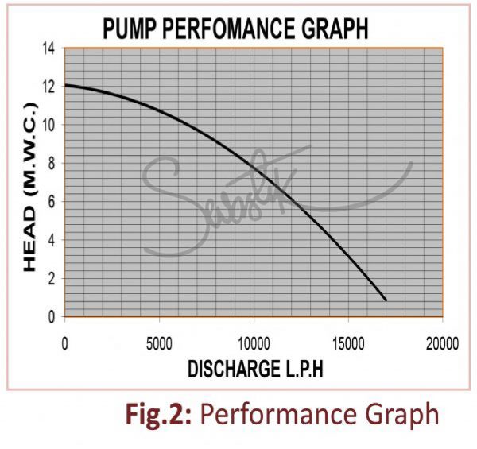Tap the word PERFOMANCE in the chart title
point(232,29)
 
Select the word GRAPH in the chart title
point(336,29)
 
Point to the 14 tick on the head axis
point(49,48)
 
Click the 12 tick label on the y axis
point(49,87)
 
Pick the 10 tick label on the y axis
point(49,125)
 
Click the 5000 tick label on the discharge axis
point(159,343)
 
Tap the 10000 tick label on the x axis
point(253,343)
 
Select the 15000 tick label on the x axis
point(347,343)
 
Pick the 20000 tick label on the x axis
point(441,343)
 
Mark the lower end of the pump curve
point(386,300)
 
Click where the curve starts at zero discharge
point(65,85)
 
